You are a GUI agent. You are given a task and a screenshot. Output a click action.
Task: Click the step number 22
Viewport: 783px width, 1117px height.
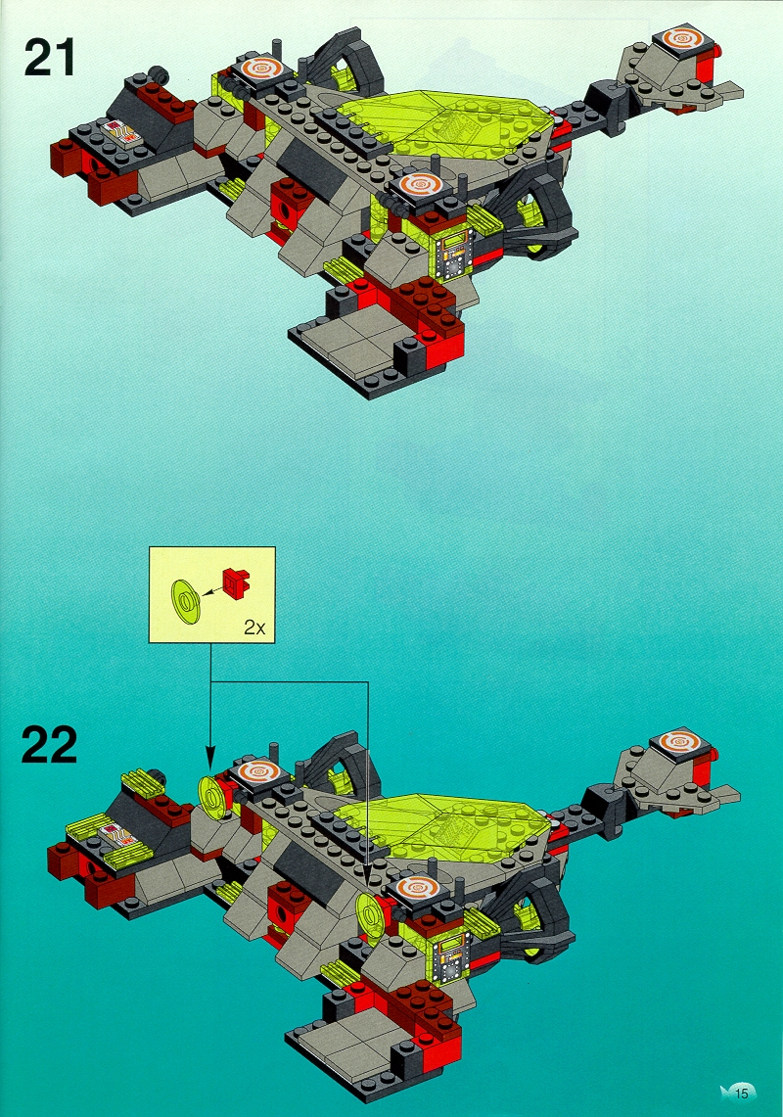point(49,744)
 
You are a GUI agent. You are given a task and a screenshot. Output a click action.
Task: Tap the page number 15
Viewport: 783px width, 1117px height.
point(742,1093)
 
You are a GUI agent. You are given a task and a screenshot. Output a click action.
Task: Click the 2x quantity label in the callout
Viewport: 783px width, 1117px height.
point(254,628)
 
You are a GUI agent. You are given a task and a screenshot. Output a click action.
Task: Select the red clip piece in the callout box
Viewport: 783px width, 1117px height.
point(237,582)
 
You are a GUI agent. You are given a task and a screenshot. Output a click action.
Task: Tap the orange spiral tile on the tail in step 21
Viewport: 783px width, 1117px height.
point(687,40)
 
